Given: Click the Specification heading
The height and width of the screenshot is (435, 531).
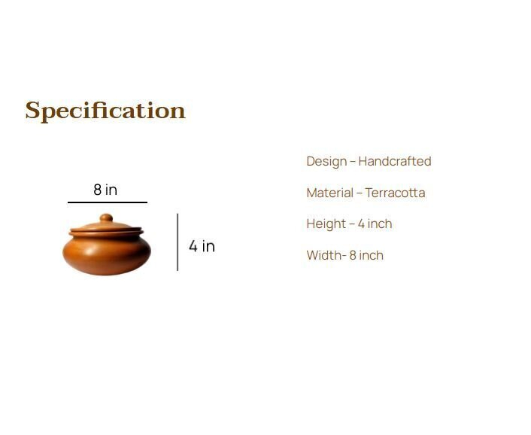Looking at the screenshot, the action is [x=105, y=111].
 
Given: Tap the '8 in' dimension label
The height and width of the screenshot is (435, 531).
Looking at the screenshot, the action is [x=105, y=190].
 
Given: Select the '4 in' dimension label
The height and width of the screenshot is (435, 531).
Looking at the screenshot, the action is [x=202, y=246].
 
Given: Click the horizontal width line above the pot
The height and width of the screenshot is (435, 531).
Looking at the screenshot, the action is [x=108, y=202].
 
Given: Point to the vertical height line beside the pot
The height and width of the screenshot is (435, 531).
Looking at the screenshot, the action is [x=178, y=242].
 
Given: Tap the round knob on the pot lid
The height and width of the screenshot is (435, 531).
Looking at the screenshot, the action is [x=106, y=217].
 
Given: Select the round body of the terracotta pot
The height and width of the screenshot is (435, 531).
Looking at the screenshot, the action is [x=107, y=255].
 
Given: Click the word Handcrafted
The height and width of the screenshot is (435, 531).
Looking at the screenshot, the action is [x=395, y=161].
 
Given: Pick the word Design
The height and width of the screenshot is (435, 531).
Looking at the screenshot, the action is [x=326, y=162].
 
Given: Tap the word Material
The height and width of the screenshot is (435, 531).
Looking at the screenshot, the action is [x=330, y=193].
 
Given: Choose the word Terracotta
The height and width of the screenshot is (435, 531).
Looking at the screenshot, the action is [x=395, y=193].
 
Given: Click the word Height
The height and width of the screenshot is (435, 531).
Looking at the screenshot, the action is [x=326, y=224].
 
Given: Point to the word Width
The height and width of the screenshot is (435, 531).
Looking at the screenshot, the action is [x=324, y=255].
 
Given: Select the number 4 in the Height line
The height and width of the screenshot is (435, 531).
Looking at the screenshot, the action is [x=361, y=224].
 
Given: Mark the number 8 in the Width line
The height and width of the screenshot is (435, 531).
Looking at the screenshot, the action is [x=353, y=255].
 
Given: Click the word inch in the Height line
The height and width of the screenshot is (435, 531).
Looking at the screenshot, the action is [x=380, y=224].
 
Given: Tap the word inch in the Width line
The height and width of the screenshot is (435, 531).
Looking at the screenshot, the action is [x=371, y=255].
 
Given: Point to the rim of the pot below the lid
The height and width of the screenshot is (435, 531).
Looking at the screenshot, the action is [x=106, y=233].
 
